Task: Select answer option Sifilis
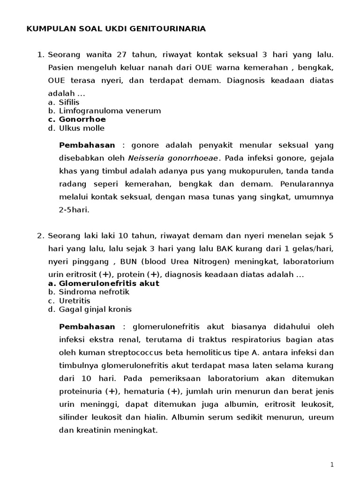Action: coord(69,102)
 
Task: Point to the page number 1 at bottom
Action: coord(332,465)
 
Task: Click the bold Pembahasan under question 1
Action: coord(87,145)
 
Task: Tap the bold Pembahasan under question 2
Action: coord(87,326)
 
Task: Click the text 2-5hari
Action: coord(74,210)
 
